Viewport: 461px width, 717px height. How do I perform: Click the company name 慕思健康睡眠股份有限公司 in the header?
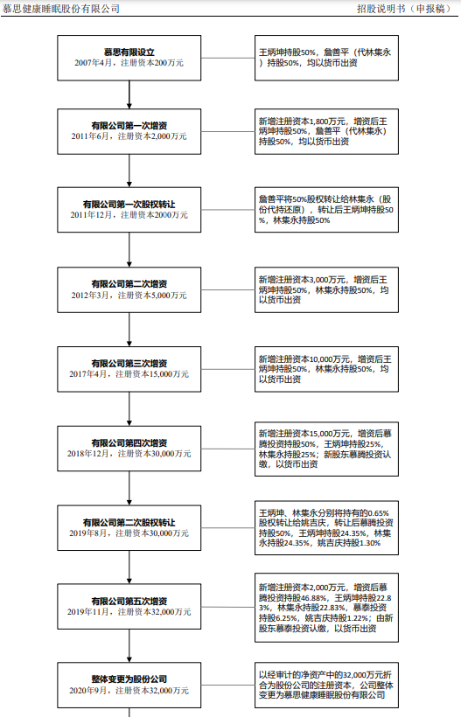(61, 9)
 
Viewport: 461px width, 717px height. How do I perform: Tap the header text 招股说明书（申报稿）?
(405, 9)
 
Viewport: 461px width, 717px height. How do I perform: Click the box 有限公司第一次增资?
(129, 130)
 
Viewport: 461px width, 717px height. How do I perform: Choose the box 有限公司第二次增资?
(129, 289)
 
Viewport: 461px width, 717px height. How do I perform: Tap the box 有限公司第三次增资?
(129, 367)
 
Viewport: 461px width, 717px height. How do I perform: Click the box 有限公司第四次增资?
(129, 448)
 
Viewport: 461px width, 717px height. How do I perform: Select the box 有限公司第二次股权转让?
(129, 527)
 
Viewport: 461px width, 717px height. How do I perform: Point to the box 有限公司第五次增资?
(129, 608)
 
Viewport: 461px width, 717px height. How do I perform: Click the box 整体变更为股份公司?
(129, 684)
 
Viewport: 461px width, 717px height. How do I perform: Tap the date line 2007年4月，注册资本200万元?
(129, 63)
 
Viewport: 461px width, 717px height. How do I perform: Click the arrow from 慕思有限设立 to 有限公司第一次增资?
(129, 94)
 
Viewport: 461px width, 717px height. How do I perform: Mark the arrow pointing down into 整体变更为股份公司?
(129, 649)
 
